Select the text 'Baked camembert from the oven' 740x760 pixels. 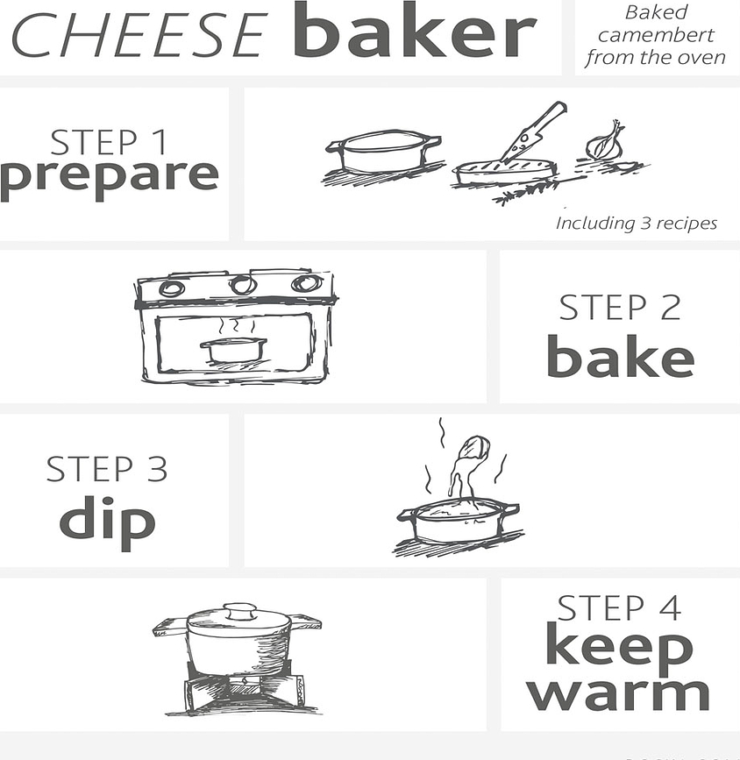pyautogui.click(x=655, y=36)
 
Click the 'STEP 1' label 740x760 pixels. pyautogui.click(x=109, y=143)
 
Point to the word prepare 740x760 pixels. pyautogui.click(x=109, y=175)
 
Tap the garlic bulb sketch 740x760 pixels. pyautogui.click(x=606, y=141)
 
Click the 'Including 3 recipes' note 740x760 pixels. pyautogui.click(x=636, y=224)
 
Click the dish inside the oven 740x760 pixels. pyautogui.click(x=233, y=349)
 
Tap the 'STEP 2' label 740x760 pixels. pyautogui.click(x=620, y=308)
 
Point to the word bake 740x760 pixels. pyautogui.click(x=620, y=358)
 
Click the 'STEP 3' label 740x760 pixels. pyautogui.click(x=106, y=469)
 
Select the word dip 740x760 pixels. pyautogui.click(x=106, y=521)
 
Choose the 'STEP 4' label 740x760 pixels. pyautogui.click(x=619, y=608)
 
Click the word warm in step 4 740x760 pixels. pyautogui.click(x=619, y=693)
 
